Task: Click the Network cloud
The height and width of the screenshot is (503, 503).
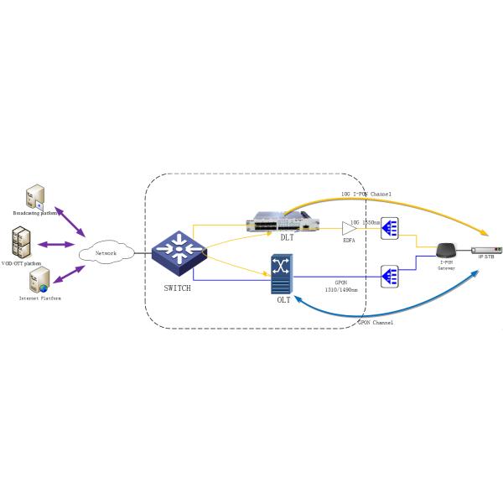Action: pyautogui.click(x=106, y=251)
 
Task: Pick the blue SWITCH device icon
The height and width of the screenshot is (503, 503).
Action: pyautogui.click(x=177, y=250)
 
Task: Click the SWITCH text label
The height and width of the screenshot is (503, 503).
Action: pyautogui.click(x=177, y=288)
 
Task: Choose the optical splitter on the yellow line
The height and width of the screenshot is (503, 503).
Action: pyautogui.click(x=389, y=227)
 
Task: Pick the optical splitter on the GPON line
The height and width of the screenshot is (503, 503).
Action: pyautogui.click(x=389, y=275)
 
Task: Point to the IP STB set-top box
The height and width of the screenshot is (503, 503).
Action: pyautogui.click(x=486, y=249)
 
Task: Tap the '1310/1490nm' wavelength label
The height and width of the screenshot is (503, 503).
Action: pyautogui.click(x=340, y=290)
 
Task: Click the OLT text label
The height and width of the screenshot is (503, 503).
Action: pyautogui.click(x=283, y=300)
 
